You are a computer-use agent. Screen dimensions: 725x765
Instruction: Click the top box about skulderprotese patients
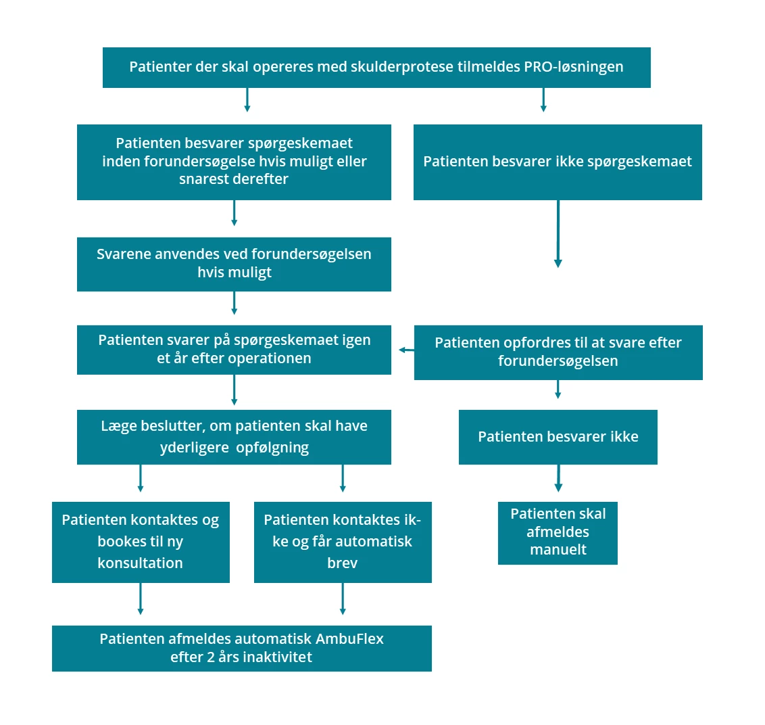pos(376,68)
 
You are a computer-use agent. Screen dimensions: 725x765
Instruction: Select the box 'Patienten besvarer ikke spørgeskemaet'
pos(558,162)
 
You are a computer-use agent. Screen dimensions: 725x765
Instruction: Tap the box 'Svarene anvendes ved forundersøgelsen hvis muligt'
pos(234,264)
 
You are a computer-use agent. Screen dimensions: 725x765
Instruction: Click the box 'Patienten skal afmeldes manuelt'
pos(558,532)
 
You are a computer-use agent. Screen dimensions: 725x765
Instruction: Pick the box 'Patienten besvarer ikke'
pos(558,437)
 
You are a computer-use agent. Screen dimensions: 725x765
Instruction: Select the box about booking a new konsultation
pos(141,542)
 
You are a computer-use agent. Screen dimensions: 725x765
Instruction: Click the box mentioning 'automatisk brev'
pos(343,542)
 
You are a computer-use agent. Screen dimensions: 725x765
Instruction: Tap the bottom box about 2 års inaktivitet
pos(241,648)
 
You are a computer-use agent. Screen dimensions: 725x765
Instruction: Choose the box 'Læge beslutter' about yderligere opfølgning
pos(234,437)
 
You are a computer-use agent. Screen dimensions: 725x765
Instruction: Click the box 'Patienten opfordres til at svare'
pos(558,352)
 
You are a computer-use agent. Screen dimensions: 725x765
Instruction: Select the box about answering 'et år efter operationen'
pos(234,350)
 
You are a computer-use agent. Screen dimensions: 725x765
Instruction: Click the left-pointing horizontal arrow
pos(406,350)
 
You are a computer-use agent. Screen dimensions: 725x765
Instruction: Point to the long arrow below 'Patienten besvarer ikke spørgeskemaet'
pos(558,233)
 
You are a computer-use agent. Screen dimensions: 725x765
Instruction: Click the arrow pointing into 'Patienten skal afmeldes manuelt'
pos(558,478)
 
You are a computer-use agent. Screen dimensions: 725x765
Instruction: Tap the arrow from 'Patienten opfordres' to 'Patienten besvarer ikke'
pos(558,389)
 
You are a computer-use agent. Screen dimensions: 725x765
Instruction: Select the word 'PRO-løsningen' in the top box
pos(573,67)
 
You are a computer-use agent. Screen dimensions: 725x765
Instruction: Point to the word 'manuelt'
pos(558,550)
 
